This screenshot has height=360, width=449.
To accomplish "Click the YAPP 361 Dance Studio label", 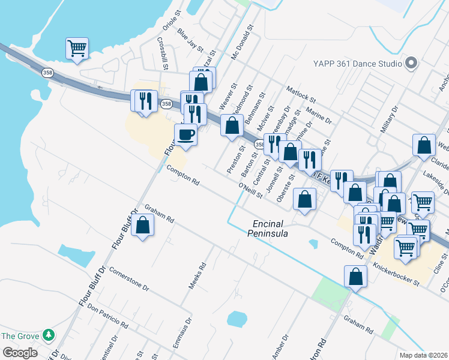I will coord(357,63).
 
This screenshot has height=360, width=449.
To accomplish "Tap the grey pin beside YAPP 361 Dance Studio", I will coord(411,63).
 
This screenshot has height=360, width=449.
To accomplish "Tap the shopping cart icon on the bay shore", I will coord(77,48).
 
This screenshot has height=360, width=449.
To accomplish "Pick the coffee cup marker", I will coord(186,135).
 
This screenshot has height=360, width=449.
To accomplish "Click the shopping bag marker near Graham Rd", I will coord(143,226).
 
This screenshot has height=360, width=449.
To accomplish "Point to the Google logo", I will coord(20,353).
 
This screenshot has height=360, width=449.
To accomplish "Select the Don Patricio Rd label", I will coord(108,316).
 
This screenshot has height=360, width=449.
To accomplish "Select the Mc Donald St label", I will coord(243,40).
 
